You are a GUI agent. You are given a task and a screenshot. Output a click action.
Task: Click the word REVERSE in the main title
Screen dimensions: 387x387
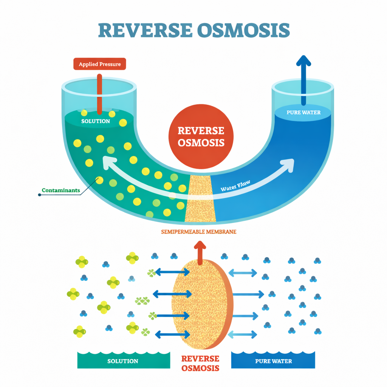pos(144,31)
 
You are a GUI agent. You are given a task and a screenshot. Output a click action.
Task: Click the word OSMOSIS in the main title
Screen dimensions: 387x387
pos(243,31)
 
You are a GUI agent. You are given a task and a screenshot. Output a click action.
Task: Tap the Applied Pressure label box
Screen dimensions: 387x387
pos(100,64)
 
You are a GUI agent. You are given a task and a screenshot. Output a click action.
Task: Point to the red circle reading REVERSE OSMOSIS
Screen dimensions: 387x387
pos(201,136)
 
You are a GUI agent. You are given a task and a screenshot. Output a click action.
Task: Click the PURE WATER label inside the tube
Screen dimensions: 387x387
pos(303,112)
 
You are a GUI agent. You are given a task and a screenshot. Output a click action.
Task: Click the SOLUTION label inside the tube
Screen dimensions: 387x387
pos(96,121)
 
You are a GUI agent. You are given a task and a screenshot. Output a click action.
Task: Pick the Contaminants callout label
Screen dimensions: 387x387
pos(61,190)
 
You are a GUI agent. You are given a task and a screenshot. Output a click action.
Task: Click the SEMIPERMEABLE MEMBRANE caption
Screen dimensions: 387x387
pos(199,232)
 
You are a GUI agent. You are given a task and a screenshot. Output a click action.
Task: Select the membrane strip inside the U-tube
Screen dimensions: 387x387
pos(200,198)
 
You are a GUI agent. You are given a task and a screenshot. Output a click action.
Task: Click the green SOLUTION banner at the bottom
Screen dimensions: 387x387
pos(123,361)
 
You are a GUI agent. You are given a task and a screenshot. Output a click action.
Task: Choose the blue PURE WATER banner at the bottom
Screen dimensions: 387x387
pos(273,361)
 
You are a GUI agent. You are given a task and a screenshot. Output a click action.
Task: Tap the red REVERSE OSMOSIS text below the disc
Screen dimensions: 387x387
pos(200,363)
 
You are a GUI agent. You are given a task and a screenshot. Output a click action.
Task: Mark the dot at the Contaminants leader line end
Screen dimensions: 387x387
pos(39,195)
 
